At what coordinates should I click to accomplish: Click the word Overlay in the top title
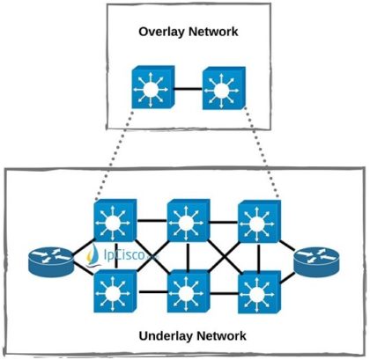[159, 33]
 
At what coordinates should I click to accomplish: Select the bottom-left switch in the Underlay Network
[114, 290]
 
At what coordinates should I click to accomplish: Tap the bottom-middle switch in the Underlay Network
[187, 290]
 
